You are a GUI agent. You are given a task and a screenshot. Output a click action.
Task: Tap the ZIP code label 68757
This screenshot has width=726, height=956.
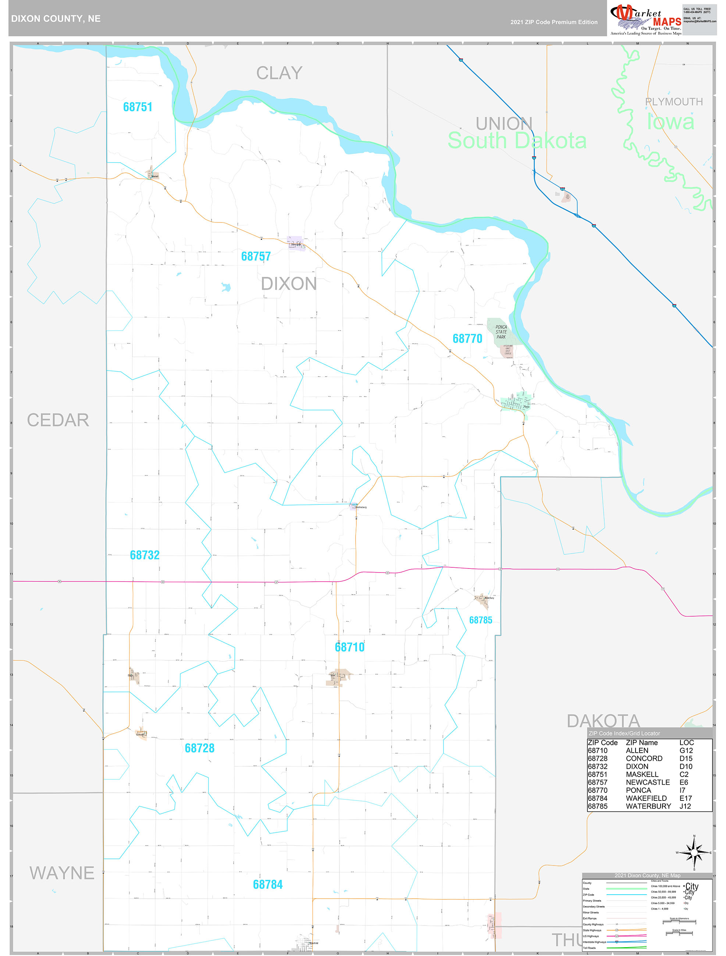[x=256, y=256]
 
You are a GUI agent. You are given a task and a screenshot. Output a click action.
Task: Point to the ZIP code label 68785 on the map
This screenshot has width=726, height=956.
[x=480, y=620]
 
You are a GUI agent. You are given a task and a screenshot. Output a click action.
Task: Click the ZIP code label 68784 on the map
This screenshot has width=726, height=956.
[x=268, y=884]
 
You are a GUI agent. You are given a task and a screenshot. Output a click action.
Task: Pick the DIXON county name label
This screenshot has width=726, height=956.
[x=288, y=284]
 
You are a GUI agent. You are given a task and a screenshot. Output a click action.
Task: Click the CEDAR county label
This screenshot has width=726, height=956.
[x=58, y=420]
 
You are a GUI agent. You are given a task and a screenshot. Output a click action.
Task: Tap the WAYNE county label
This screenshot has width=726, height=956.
[x=62, y=873]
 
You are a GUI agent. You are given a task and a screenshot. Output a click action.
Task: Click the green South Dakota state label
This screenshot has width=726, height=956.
[x=517, y=141]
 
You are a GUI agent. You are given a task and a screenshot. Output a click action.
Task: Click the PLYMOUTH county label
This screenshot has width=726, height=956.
[x=674, y=102]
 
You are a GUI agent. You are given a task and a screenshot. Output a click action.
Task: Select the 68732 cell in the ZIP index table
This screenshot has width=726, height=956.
[x=598, y=766]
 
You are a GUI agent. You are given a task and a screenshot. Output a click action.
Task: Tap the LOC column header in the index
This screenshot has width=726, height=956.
[x=686, y=742]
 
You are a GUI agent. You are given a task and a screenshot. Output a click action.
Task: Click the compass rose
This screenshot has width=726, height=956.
[x=694, y=852]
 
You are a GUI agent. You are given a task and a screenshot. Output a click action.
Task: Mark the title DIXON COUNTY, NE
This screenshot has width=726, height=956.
[x=56, y=19]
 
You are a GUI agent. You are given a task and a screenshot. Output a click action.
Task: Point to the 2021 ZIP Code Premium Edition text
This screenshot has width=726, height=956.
[x=554, y=22]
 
